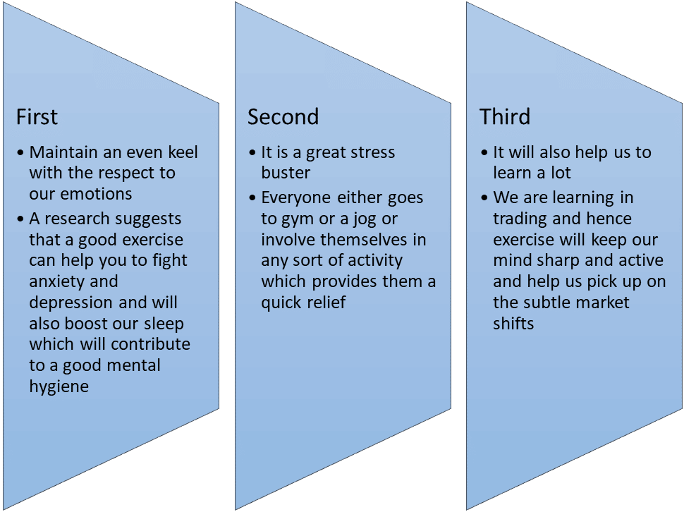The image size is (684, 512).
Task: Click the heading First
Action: point(37,117)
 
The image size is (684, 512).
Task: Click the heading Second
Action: point(283,117)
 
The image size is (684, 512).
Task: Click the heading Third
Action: point(505,117)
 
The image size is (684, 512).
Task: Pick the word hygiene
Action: point(59,387)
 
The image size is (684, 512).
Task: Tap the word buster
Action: point(286,173)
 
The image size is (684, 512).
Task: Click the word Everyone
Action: point(296,198)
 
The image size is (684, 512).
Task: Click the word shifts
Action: point(513,324)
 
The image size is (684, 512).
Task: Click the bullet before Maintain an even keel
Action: point(20,153)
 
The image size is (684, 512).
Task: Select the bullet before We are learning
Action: point(484,198)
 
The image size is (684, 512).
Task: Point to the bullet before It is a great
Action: point(252,153)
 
